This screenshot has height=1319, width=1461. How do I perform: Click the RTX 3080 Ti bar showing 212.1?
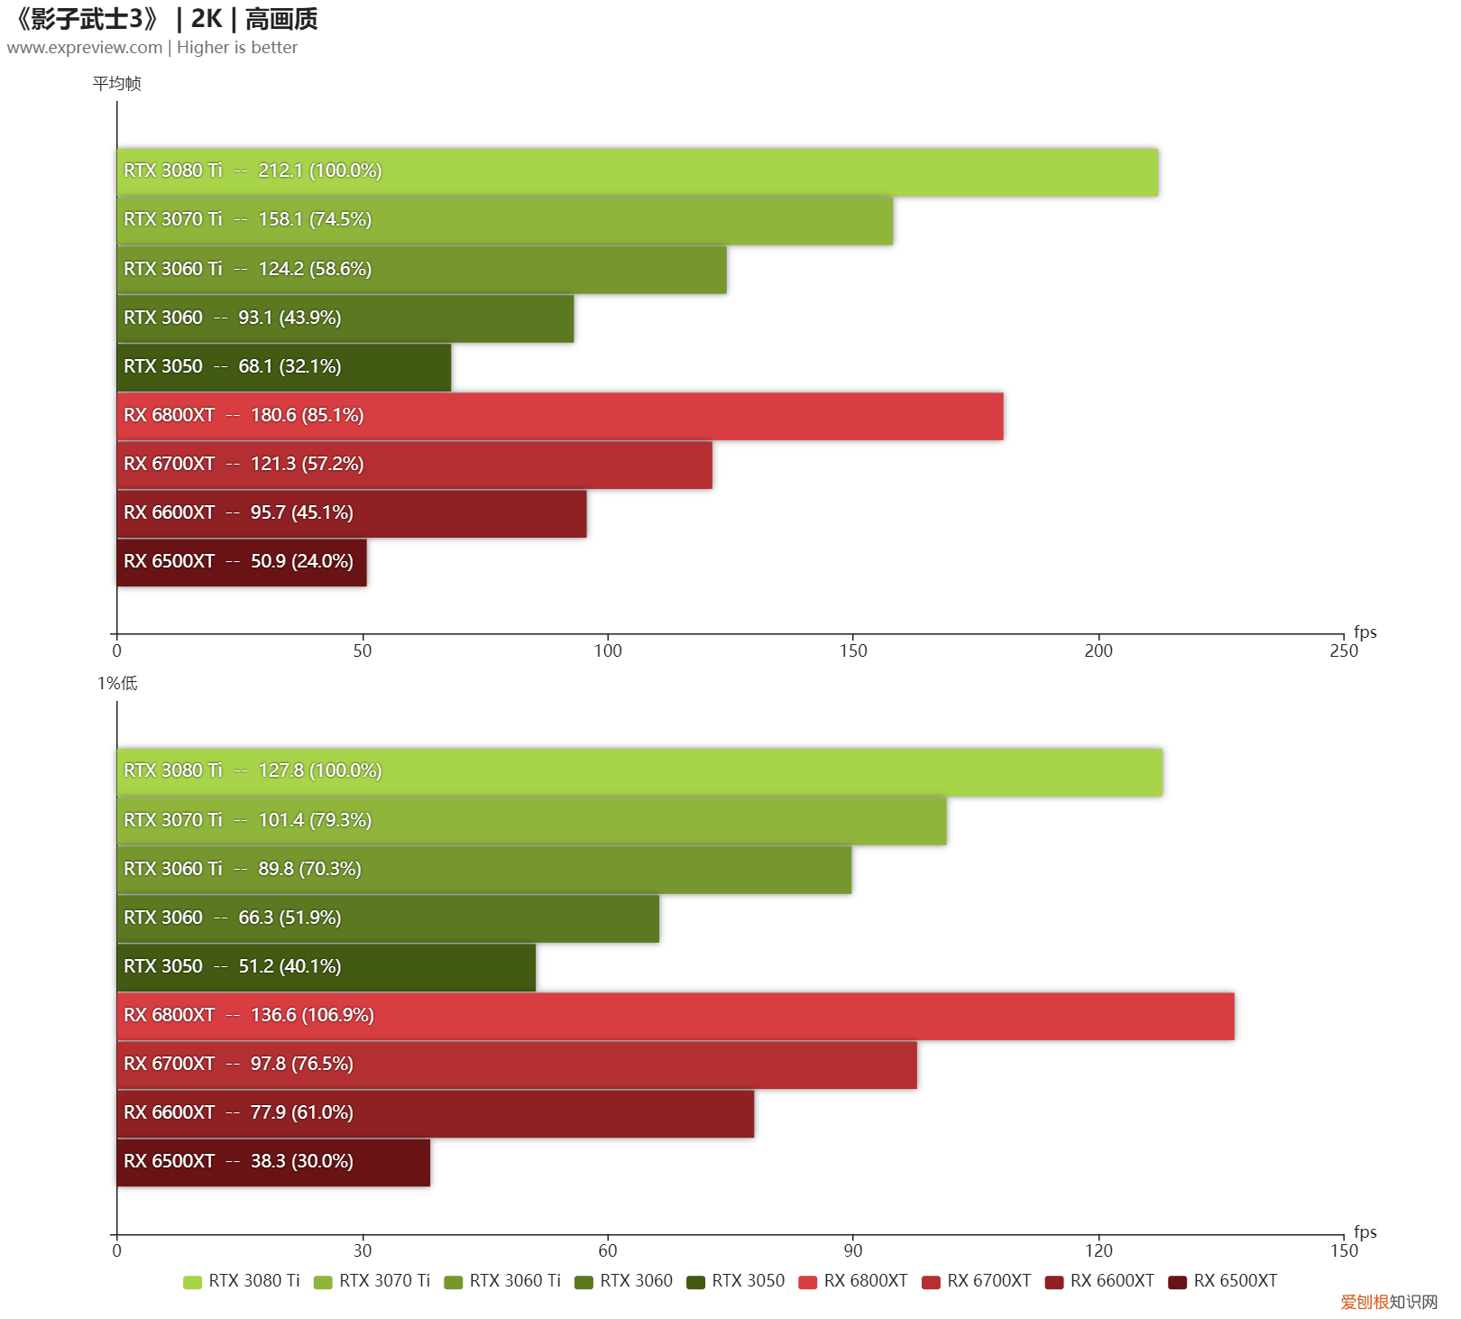tap(637, 172)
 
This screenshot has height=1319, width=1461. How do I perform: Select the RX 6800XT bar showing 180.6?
tap(559, 416)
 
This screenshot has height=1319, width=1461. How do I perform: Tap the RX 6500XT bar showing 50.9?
tap(241, 562)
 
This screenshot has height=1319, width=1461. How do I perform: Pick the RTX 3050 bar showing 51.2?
tap(326, 967)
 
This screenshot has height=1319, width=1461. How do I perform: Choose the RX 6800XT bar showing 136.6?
tap(675, 1016)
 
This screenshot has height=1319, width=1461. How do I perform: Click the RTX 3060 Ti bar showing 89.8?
tap(483, 870)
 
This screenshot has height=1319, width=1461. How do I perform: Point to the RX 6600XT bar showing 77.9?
tap(435, 1113)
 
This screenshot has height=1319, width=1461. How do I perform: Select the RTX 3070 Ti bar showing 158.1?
tap(504, 221)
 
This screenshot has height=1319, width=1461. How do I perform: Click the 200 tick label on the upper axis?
tap(1098, 650)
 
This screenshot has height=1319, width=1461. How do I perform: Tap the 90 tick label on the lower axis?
tap(852, 1250)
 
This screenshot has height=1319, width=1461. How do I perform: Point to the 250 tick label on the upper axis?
tap(1343, 650)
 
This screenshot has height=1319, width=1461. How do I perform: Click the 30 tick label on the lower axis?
tap(362, 1250)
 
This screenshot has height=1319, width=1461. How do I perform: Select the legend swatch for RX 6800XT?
tap(807, 1282)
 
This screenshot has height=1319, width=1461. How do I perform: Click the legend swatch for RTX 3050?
tap(695, 1282)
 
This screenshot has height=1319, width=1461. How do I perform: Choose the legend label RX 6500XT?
tap(1235, 1281)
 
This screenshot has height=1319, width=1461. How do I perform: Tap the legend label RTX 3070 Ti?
tap(384, 1281)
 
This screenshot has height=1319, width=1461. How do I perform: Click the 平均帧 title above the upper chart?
tap(116, 84)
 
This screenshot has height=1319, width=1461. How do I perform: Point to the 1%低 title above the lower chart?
tap(117, 684)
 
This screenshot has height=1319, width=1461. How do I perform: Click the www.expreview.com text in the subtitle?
tap(85, 48)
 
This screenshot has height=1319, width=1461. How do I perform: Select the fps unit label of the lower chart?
tap(1365, 1231)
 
